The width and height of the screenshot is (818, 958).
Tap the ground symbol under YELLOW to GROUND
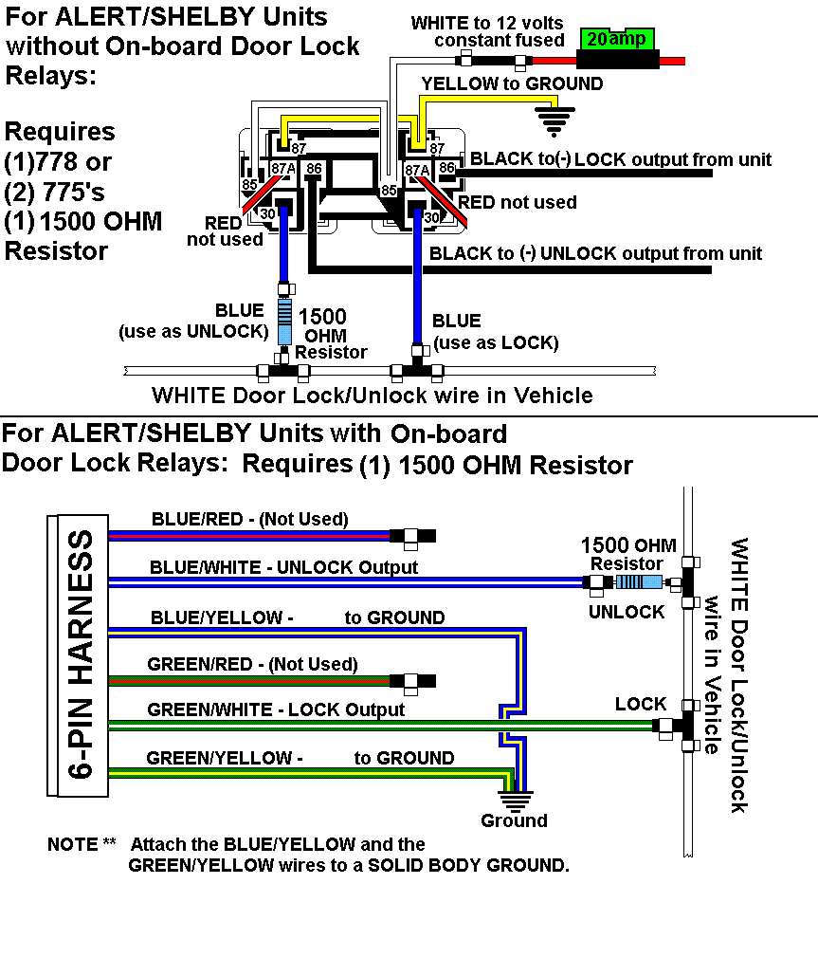556,120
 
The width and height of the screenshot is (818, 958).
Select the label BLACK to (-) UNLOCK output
595,253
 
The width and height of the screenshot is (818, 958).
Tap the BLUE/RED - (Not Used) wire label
249,519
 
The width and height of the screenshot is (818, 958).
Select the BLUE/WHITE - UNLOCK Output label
283,567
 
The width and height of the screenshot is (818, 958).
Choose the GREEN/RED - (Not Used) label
252,664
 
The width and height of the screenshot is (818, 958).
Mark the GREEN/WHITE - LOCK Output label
276,709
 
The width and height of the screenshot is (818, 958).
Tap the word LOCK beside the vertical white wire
641,704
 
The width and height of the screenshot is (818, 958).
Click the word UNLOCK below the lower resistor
627,612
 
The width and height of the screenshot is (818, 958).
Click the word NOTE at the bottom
73,844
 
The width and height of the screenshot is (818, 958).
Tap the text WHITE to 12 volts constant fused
487,30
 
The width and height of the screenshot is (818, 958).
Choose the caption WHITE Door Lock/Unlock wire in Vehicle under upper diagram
373,396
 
